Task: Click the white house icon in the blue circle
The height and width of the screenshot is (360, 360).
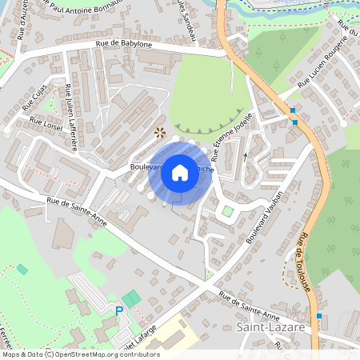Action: coord(180,173)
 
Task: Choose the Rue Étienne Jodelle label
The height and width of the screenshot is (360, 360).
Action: coord(233,126)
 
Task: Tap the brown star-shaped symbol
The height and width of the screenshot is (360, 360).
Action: coord(160,132)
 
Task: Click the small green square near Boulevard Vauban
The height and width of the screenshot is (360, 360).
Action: coord(228,211)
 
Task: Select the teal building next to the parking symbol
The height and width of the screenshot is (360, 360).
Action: coord(131,298)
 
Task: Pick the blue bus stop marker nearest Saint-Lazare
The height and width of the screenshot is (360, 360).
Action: coord(319,316)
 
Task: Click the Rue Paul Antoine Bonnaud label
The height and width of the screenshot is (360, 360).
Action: coord(87,9)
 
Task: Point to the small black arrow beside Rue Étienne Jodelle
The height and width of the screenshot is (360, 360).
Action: coord(246,156)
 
